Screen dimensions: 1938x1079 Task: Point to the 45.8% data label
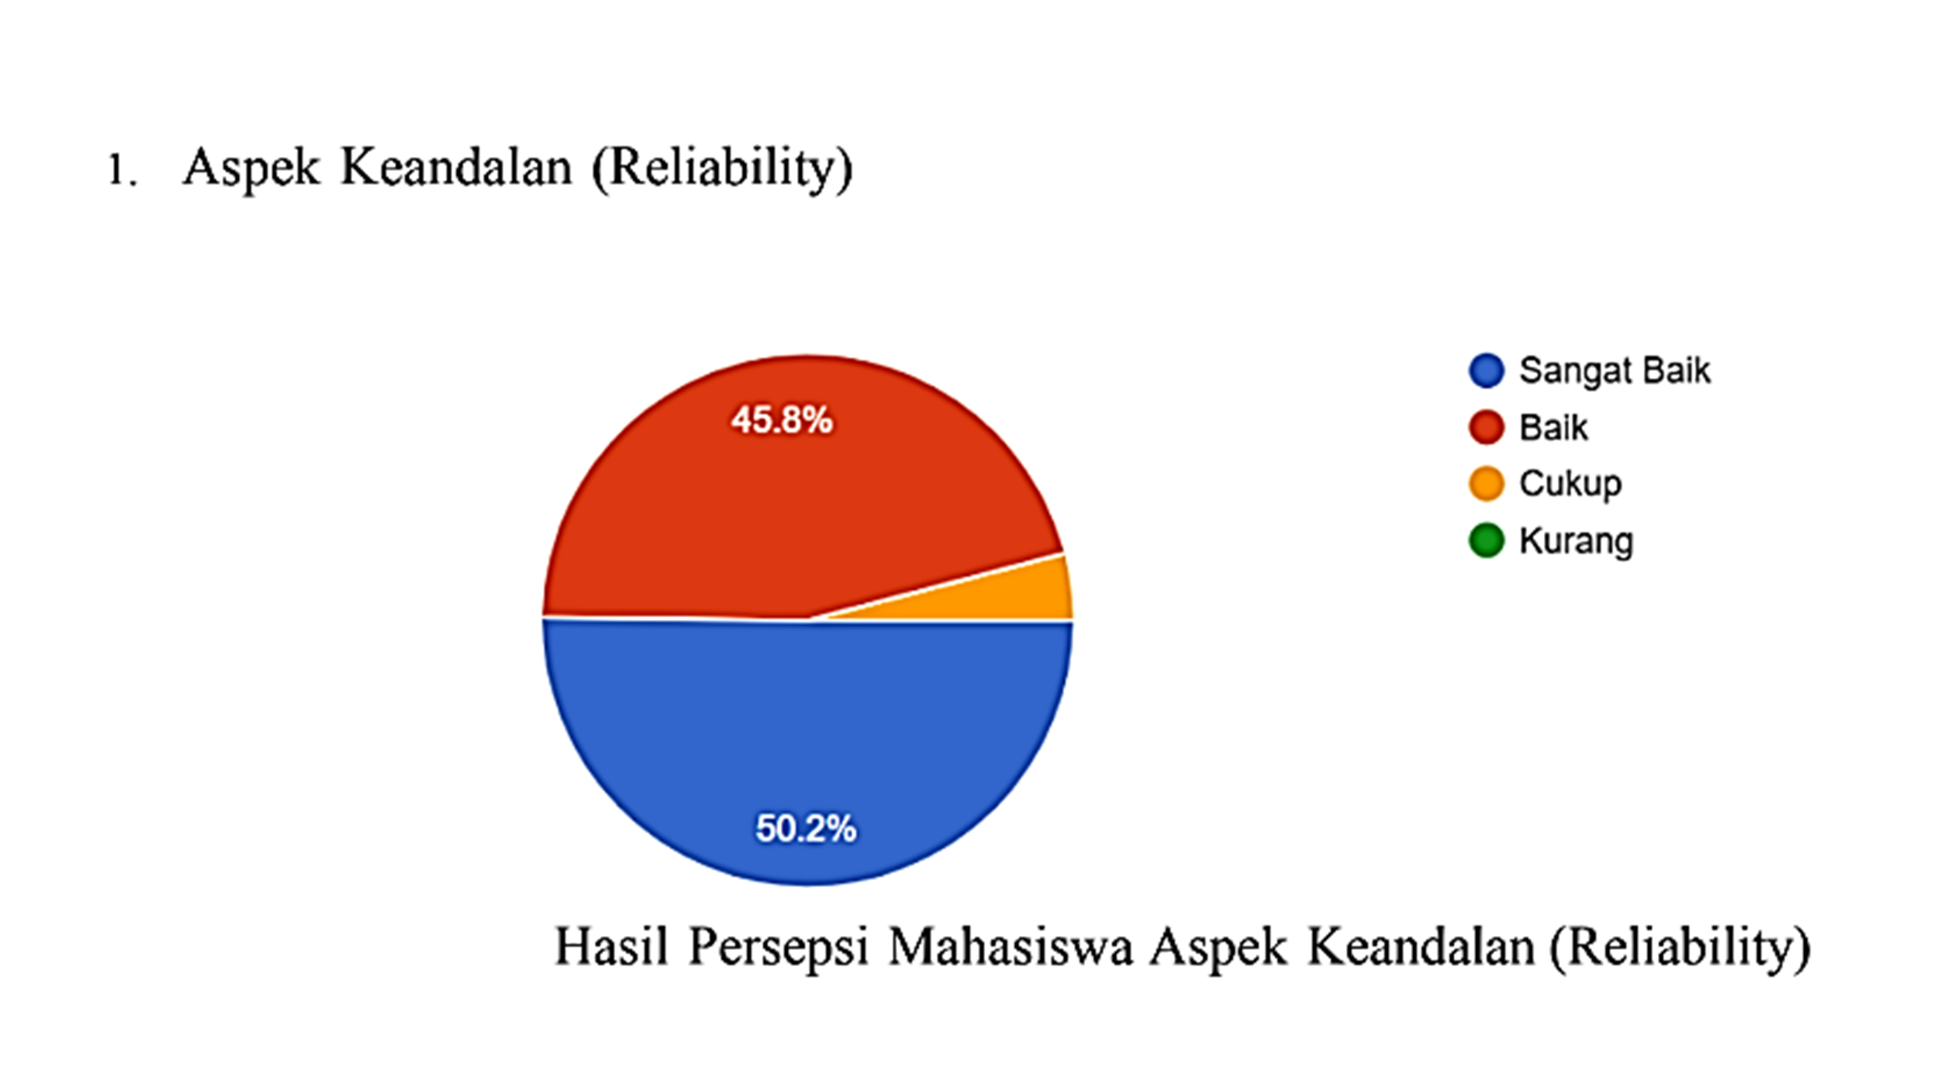tap(782, 420)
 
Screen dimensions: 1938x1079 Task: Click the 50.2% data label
tap(806, 829)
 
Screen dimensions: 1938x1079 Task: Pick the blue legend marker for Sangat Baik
tap(1487, 371)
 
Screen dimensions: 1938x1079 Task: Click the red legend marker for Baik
tap(1487, 427)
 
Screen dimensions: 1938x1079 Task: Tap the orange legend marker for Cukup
tap(1487, 484)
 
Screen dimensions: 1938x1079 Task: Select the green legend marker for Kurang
tap(1487, 540)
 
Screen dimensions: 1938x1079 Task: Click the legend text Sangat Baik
tap(1615, 372)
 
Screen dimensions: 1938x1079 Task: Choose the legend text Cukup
tap(1571, 485)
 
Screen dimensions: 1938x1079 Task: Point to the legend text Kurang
tap(1576, 541)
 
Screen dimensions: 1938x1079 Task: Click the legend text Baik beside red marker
tap(1554, 427)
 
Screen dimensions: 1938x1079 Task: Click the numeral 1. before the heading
tap(122, 170)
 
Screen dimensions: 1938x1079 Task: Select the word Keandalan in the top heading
tap(456, 167)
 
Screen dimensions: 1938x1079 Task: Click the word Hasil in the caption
tap(611, 946)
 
